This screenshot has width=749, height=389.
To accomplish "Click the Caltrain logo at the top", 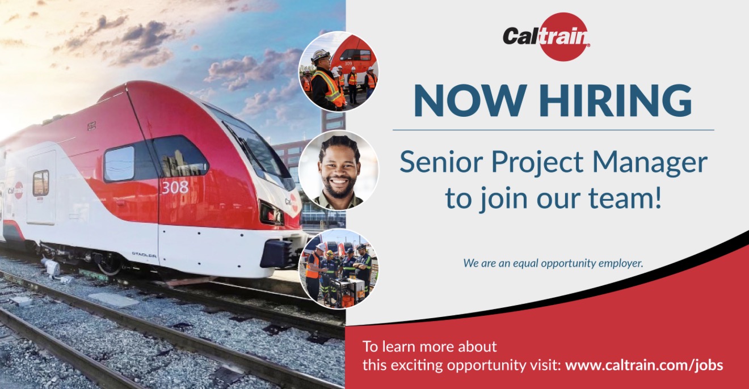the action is coord(546,37).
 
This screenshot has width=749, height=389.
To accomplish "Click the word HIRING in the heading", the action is coord(616,100).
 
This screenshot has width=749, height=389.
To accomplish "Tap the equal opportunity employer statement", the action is coord(553,263).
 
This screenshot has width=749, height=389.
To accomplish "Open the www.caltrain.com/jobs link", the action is coord(644,365).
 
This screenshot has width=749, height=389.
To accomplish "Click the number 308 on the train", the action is coord(175,187).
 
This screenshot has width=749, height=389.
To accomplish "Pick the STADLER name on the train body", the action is coord(144,255).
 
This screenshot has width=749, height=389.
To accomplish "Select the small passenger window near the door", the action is coord(41,183).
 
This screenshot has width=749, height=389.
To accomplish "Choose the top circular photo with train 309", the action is coord(338,71).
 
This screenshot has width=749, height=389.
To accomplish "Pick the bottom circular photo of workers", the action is coord(338,269).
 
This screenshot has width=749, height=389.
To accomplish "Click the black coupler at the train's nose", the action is coord(276,253).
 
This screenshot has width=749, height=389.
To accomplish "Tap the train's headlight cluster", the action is coord(271,214).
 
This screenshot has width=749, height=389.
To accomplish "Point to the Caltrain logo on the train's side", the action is coord(16,191).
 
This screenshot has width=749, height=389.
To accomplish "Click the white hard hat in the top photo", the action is coord(321,55).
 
